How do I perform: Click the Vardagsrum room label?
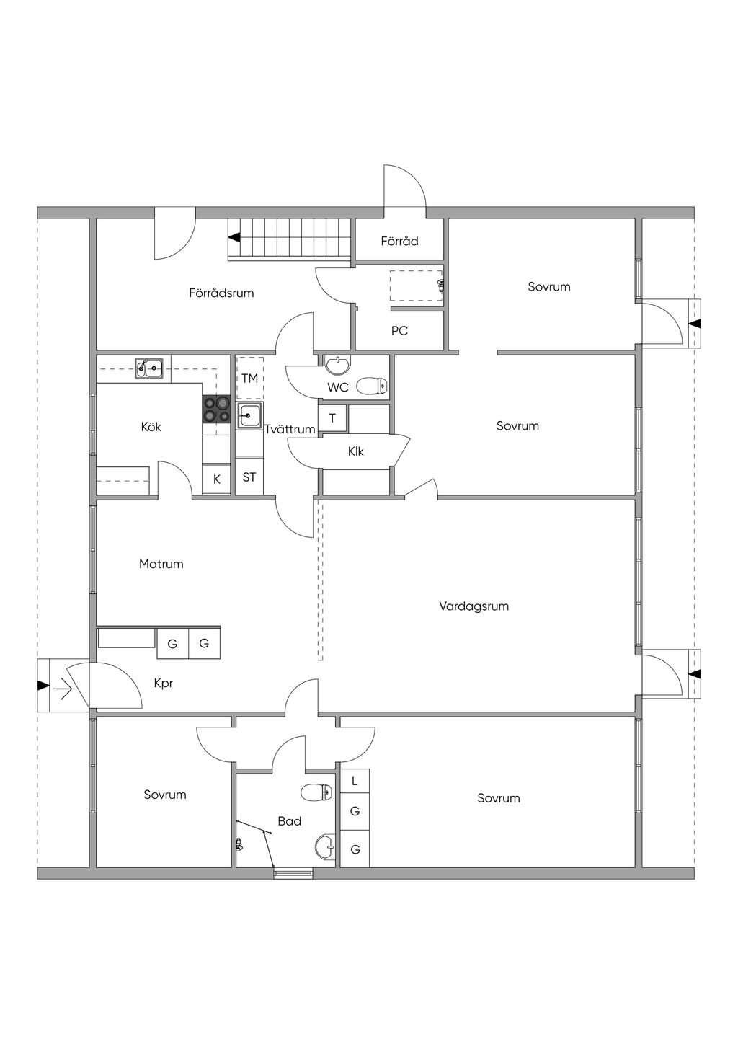474,606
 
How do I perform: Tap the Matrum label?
161,564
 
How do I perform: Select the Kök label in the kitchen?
151,426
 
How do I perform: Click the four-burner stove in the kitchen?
217,410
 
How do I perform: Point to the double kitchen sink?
149,368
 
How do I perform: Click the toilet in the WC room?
373,386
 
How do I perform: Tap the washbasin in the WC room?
337,366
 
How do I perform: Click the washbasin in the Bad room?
324,846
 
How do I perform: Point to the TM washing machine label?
250,379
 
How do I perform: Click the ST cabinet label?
249,477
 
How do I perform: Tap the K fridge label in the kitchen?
217,479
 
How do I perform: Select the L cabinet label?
355,781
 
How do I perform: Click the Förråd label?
400,241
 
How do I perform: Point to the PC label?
399,331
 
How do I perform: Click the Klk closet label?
356,451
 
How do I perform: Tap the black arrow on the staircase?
234,238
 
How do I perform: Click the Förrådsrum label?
221,293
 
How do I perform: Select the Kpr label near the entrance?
164,684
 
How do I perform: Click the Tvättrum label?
290,429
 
